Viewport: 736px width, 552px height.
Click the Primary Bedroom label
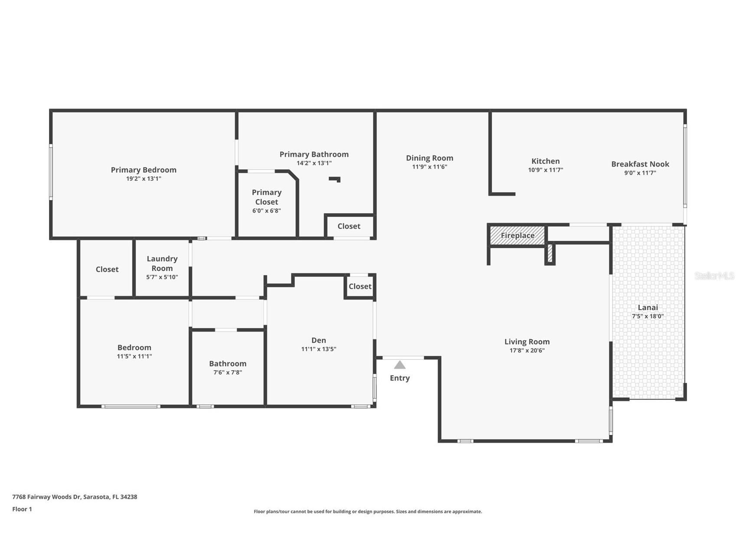144,170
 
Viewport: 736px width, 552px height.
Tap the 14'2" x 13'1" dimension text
314,163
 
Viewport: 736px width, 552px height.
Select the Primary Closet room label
266,197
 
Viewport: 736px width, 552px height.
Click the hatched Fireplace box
517,236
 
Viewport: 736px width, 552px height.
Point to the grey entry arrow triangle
399,365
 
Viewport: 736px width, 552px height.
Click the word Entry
399,378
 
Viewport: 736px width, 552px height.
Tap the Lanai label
648,307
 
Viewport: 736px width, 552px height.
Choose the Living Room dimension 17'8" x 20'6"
527,351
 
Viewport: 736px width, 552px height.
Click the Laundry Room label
162,263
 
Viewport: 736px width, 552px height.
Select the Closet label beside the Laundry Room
107,269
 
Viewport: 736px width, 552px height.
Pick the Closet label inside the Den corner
360,286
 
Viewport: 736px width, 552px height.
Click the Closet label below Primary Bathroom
349,226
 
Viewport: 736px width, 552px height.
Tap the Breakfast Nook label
640,164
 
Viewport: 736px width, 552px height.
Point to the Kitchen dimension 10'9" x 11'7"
545,170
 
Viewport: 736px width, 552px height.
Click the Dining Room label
429,158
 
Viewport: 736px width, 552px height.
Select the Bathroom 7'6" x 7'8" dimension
227,372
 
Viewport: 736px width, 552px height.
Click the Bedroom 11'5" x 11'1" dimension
134,356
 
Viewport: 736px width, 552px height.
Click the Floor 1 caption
22,509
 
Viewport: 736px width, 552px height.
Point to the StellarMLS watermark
714,276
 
